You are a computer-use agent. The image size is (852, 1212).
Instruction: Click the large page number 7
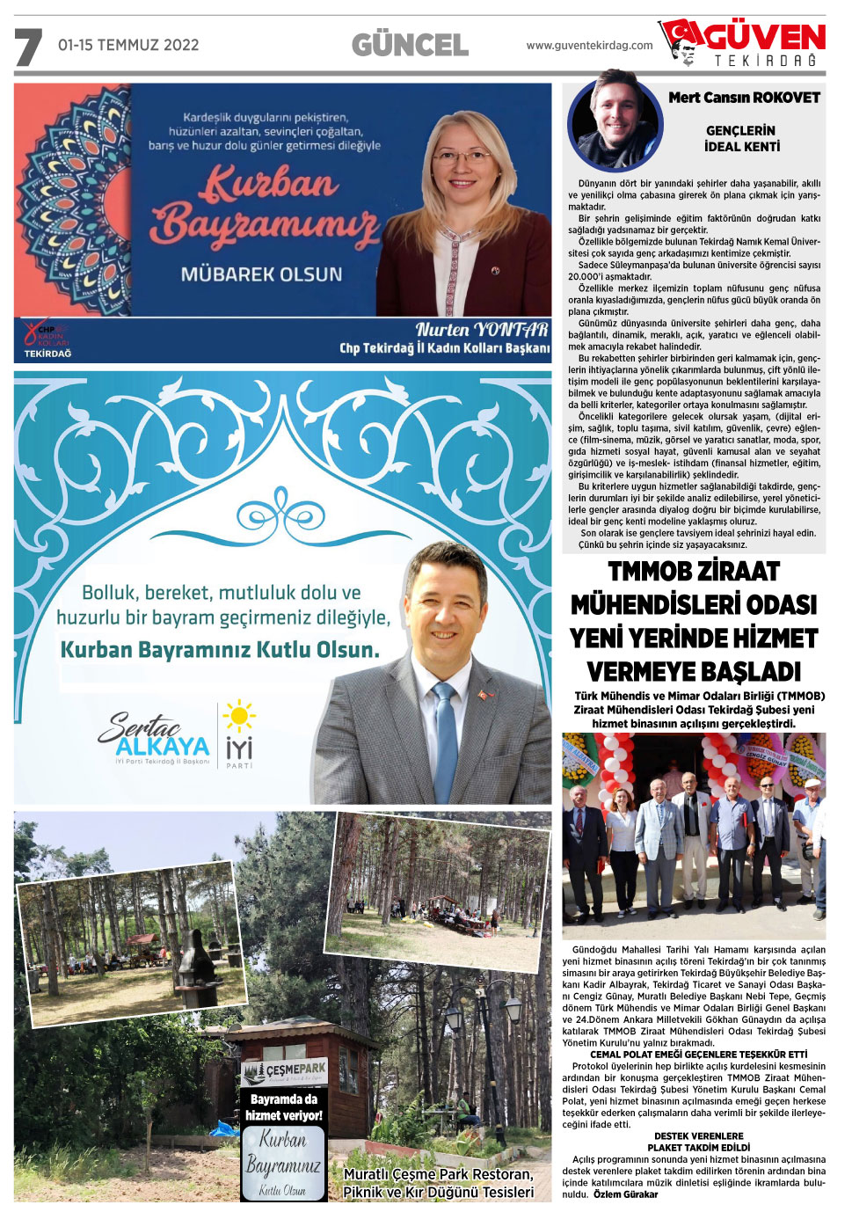pos(28,47)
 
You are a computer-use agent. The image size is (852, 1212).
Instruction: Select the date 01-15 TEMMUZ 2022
pos(128,45)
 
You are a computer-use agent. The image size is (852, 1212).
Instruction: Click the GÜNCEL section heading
pos(410,46)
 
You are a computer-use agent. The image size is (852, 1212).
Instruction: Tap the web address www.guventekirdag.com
pos(589,46)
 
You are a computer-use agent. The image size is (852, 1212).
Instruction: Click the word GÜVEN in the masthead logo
pos(765,37)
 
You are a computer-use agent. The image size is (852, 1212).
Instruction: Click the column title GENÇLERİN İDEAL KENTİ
pos(741,138)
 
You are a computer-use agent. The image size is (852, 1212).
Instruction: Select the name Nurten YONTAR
pos(482,330)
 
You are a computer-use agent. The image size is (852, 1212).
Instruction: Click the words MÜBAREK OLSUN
pos(261,274)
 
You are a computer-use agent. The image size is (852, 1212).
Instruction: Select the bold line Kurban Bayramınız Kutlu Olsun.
pos(220,650)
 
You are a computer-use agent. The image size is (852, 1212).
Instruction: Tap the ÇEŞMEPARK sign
pos(284,1070)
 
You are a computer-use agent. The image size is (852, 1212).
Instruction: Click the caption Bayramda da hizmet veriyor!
pos(283,1107)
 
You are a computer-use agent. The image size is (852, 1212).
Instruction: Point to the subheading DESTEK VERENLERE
pos(698,1135)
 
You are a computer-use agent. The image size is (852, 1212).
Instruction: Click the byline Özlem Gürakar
pos(625,1194)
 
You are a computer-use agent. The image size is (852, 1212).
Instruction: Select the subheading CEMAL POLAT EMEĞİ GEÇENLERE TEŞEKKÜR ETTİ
pos(698,1054)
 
